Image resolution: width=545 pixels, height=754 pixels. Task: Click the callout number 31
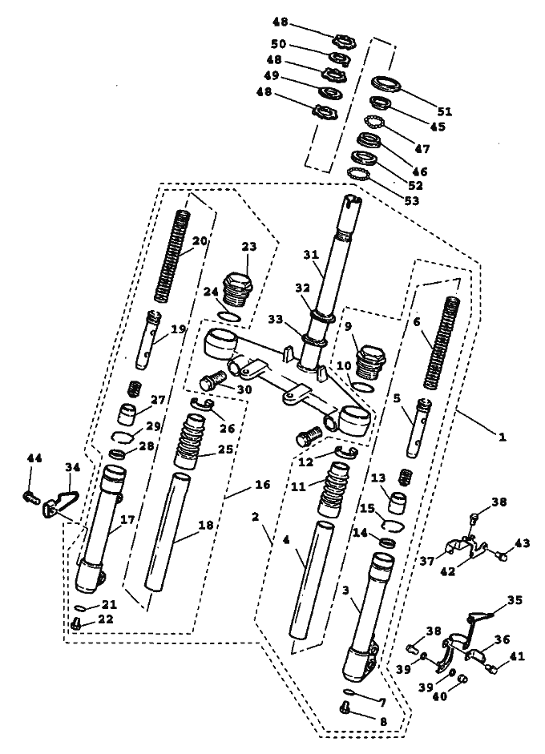pos(312,255)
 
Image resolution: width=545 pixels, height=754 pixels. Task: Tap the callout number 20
pos(200,240)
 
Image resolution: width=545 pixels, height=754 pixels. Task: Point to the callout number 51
pos(445,111)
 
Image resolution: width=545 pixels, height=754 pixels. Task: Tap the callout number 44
pos(34,458)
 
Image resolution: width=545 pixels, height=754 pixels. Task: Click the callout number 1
pos(503,437)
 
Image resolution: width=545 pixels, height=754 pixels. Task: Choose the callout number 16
pos(263,484)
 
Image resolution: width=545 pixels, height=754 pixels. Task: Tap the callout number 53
pos(411,200)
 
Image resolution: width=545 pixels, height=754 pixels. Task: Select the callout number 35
pos(515,600)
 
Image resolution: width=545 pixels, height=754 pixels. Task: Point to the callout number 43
pos(523,543)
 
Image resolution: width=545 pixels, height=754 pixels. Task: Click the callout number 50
pos(279,44)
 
